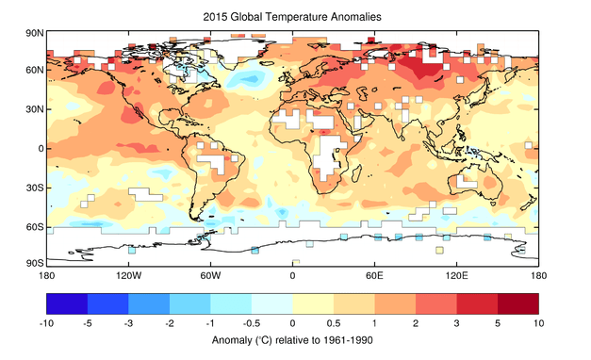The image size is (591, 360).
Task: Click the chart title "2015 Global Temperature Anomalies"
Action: coord(291,17)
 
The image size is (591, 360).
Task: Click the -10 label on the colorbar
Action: coord(46,322)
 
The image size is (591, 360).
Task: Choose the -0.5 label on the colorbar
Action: coord(252,322)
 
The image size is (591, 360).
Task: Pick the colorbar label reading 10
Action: coord(538,322)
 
